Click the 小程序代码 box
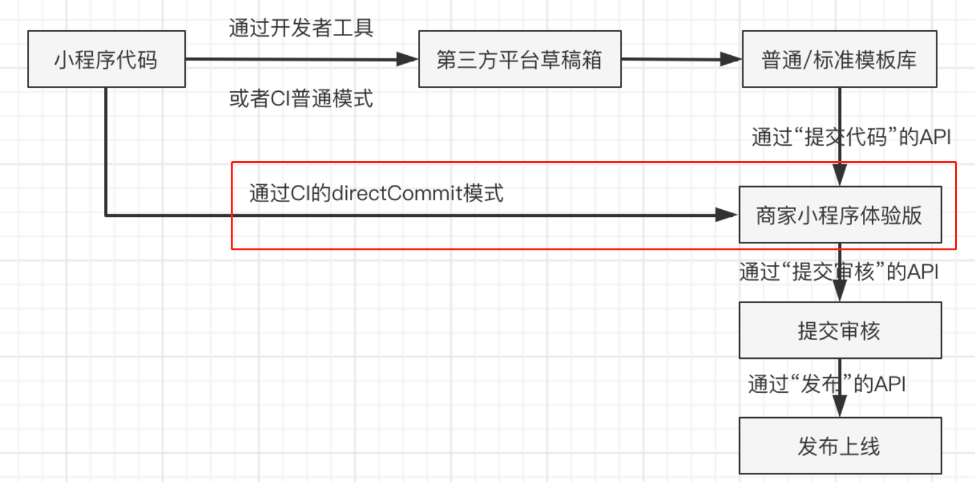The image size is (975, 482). coord(106,60)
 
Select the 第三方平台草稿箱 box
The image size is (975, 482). coord(519,60)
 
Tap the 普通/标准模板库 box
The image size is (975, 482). coord(839,60)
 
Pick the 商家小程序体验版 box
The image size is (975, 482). coord(840,215)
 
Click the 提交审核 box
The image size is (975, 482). coord(840,331)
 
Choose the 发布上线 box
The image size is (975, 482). coord(840,446)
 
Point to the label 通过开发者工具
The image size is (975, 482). coord(301,28)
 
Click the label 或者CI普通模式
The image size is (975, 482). coord(301,99)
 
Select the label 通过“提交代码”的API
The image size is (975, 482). coord(850,137)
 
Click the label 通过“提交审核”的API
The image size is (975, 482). coord(838,271)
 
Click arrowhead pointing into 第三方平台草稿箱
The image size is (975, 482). coord(408,60)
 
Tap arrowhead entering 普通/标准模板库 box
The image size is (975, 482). coord(731,60)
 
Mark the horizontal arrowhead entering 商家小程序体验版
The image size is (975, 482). coord(728,216)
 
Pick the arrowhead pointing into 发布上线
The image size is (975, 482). coord(840,409)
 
